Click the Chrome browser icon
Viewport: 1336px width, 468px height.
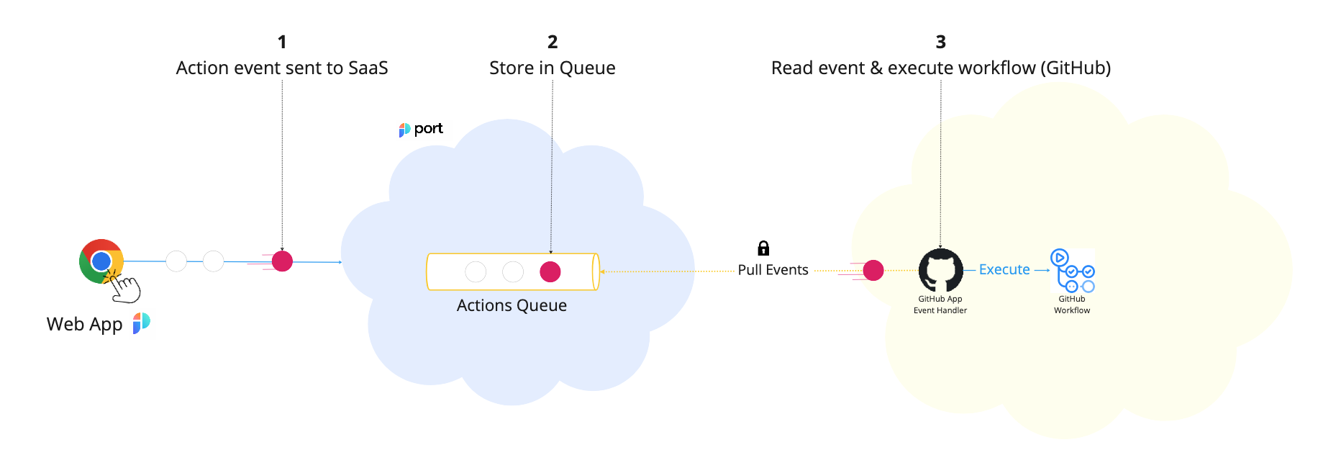click(x=101, y=260)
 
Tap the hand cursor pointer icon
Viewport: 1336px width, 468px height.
click(x=126, y=288)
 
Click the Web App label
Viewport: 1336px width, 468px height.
click(x=84, y=324)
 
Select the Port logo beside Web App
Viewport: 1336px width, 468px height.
click(x=142, y=323)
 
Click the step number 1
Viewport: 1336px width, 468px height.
click(x=282, y=42)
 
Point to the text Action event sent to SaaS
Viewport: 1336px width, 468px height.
click(x=282, y=68)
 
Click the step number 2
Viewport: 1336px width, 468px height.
click(x=553, y=42)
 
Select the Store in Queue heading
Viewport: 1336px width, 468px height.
click(x=553, y=68)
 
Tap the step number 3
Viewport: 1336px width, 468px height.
click(x=940, y=42)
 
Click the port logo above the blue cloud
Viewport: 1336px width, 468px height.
click(x=422, y=129)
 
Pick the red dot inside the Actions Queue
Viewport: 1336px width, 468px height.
click(x=550, y=271)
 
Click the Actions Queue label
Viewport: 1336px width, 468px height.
click(x=512, y=305)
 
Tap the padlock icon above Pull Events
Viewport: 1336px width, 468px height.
click(x=763, y=248)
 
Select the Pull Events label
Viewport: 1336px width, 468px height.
click(x=773, y=270)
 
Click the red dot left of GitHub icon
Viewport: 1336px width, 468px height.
click(x=873, y=270)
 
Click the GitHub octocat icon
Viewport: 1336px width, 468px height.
click(x=940, y=270)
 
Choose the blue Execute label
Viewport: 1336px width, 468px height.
click(x=1004, y=269)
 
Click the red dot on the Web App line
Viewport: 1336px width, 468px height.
click(x=282, y=261)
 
